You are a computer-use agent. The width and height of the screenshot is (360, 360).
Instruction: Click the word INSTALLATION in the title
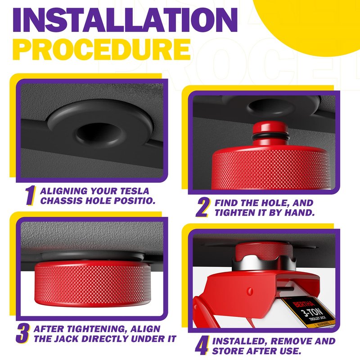click(126, 20)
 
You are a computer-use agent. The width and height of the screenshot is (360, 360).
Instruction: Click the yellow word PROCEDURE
click(102, 49)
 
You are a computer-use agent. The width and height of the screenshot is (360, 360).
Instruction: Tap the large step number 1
click(30, 195)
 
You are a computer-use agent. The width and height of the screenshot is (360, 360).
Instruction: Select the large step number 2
click(203, 207)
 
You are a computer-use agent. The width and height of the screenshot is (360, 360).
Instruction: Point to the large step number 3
click(22, 333)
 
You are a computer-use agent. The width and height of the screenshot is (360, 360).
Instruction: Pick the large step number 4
click(202, 346)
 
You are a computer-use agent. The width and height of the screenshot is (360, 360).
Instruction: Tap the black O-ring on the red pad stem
click(271, 138)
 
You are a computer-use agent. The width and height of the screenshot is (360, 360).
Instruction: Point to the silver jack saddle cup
click(264, 263)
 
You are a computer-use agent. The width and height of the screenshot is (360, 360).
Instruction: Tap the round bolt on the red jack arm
click(250, 291)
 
